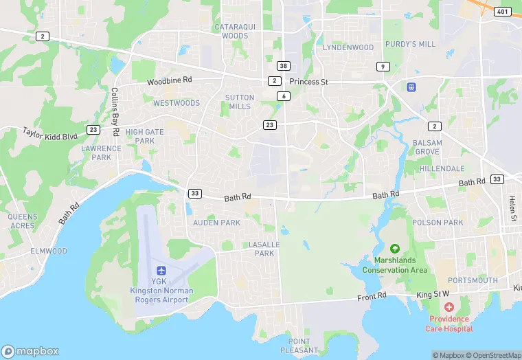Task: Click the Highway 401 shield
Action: click(x=503, y=11)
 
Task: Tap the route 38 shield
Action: click(x=283, y=65)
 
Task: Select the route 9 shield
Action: click(x=382, y=66)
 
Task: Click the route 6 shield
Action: click(x=284, y=96)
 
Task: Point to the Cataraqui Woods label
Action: click(x=231, y=31)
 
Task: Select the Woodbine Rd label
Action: click(x=169, y=81)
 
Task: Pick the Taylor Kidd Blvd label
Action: click(x=51, y=132)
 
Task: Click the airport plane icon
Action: click(x=161, y=271)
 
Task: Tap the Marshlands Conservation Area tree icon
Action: click(x=395, y=249)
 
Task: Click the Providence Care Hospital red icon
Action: click(x=449, y=306)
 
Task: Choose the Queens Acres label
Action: click(x=23, y=221)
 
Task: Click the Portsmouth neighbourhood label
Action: click(x=473, y=280)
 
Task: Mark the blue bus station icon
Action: click(x=411, y=87)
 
